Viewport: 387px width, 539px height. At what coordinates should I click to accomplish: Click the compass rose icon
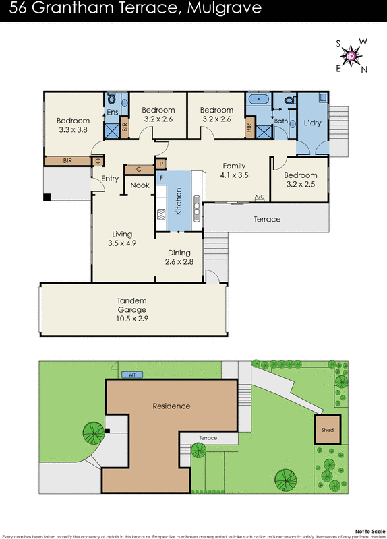[x=351, y=55]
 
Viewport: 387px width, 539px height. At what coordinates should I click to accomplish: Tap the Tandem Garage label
[x=131, y=306]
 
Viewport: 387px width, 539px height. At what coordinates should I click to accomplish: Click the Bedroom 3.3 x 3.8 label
[x=73, y=126]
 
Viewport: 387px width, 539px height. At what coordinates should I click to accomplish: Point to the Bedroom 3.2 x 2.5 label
[x=301, y=180]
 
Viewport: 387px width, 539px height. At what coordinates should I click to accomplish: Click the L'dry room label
[x=312, y=123]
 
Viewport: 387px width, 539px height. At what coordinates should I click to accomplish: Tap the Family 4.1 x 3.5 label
[x=234, y=170]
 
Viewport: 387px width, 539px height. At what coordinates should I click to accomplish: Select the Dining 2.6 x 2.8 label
[x=179, y=257]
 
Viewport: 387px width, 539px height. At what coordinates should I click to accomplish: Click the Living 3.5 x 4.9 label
[x=122, y=239]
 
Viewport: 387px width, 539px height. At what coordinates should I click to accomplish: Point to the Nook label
[x=140, y=185]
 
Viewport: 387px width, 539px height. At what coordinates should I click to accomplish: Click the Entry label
[x=110, y=179]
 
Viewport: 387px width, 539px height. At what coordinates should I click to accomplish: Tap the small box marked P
[x=161, y=164]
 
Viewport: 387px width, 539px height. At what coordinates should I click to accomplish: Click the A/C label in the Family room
[x=259, y=197]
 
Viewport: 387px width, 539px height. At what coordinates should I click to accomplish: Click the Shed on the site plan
[x=327, y=430]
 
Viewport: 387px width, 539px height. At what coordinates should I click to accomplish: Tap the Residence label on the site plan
[x=171, y=406]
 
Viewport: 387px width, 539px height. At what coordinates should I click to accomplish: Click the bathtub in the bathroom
[x=258, y=100]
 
